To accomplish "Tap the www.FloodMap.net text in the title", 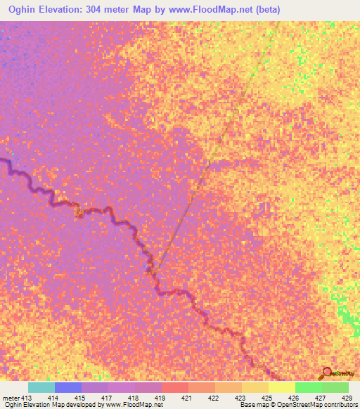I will click(217, 9).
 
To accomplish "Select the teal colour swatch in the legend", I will click(41, 387).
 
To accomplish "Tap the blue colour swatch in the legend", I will click(67, 387).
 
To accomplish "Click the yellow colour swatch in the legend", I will click(281, 387).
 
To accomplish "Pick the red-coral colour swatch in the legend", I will click(174, 387).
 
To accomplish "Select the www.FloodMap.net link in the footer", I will click(134, 405).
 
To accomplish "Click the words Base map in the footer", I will click(252, 405).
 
